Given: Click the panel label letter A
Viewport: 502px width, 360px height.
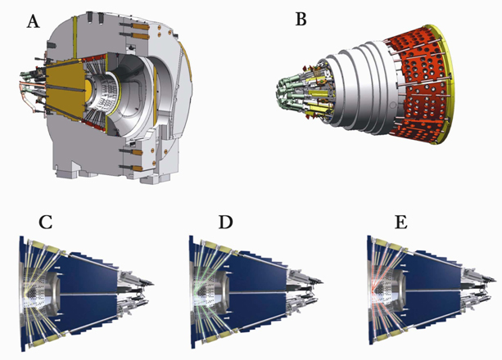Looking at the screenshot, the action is click(x=34, y=22).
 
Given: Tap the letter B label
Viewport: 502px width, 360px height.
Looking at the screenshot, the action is click(x=301, y=19).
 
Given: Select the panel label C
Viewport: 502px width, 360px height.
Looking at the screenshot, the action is click(x=45, y=222).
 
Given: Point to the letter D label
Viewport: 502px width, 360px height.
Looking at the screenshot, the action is click(x=225, y=222).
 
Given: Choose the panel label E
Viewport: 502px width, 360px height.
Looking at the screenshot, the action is click(x=401, y=222).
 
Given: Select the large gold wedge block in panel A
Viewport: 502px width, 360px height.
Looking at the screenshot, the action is click(x=65, y=89).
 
